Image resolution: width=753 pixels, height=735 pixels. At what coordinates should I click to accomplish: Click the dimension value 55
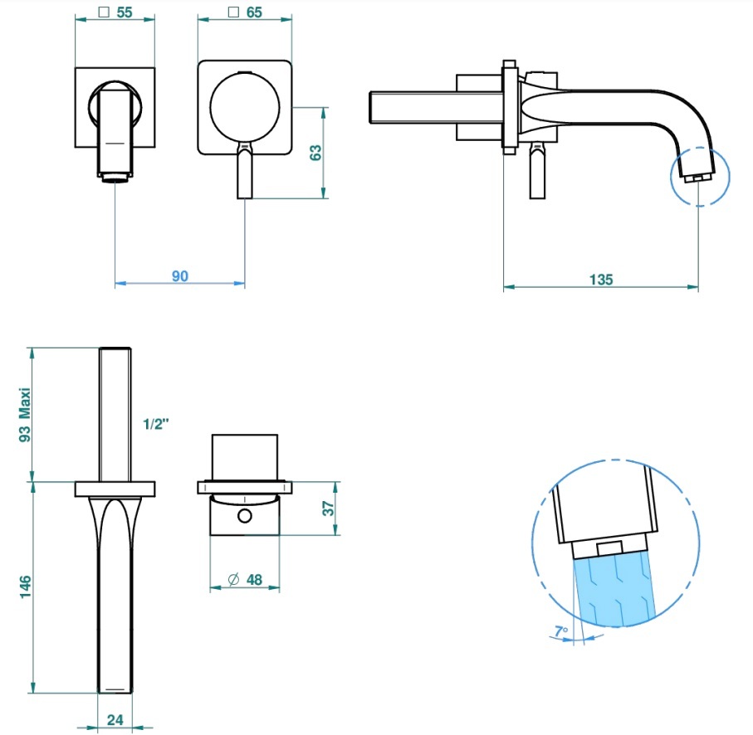(x=125, y=12)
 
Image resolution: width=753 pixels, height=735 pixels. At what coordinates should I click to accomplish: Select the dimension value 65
(x=254, y=12)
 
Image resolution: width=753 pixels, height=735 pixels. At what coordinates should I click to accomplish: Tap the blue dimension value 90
(x=180, y=276)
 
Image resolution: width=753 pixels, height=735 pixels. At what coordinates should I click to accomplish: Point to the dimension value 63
(x=315, y=153)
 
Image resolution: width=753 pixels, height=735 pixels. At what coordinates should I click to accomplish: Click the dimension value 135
(x=601, y=280)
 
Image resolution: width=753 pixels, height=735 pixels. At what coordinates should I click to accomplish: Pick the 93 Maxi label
(x=25, y=415)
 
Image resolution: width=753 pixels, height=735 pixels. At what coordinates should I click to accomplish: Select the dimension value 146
(x=25, y=587)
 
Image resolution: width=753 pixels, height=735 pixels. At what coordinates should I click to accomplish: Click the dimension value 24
(x=115, y=719)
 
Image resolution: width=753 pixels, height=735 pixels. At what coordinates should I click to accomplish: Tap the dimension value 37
(x=328, y=508)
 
